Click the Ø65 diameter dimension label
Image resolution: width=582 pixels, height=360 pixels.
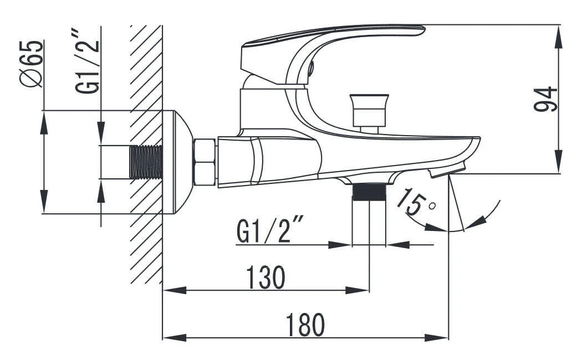[32, 63]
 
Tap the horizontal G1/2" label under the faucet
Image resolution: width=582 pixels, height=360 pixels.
[270, 230]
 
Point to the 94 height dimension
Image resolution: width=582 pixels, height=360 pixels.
[545, 99]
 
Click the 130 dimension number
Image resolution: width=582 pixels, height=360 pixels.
[266, 277]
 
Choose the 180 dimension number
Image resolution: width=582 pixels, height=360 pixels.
[305, 325]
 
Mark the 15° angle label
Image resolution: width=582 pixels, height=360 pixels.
[415, 202]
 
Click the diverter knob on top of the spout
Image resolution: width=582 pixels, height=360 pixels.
[369, 113]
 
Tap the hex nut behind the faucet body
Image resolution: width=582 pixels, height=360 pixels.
[205, 162]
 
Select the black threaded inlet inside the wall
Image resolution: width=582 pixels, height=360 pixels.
[146, 162]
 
